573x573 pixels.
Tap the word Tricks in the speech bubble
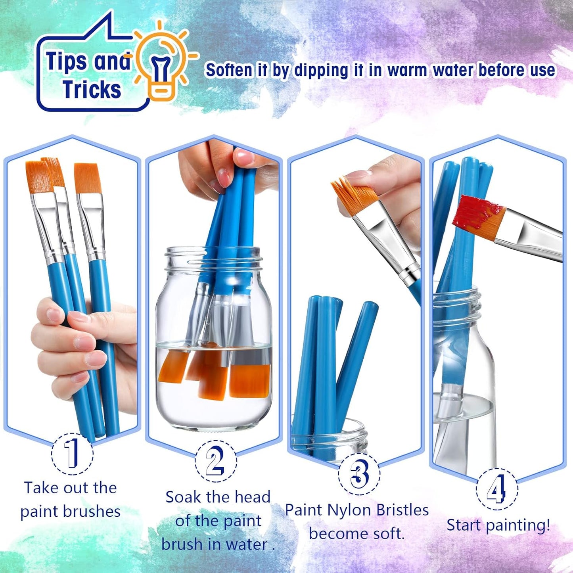[92, 90]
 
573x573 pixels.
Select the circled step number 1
[72, 454]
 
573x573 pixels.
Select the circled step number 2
[215, 461]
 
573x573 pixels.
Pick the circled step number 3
[359, 474]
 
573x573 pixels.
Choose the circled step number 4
[496, 489]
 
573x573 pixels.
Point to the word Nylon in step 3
[348, 510]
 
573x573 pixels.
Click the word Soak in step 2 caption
[184, 497]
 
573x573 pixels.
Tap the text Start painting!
[498, 525]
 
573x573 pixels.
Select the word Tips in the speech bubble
[66, 62]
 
